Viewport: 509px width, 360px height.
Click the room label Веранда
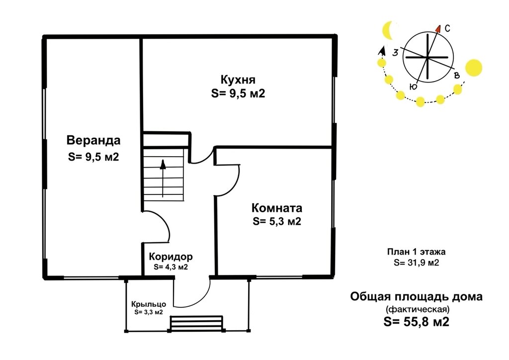(93, 141)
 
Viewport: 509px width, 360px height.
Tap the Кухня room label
(238, 80)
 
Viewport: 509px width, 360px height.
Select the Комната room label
(277, 208)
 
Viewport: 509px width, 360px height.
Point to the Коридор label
(171, 257)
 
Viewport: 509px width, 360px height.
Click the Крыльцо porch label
(149, 304)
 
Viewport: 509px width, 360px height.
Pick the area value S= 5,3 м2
(277, 221)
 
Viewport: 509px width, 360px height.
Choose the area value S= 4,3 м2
(171, 267)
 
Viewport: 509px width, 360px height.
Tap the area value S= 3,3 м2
(149, 312)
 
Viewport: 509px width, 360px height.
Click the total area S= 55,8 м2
(417, 322)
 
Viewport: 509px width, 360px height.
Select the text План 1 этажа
(417, 252)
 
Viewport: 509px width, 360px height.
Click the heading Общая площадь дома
(417, 297)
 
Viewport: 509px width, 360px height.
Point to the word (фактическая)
(417, 309)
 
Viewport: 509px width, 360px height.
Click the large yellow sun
(474, 68)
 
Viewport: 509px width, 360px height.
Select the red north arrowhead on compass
(438, 29)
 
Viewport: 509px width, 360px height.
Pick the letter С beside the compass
(447, 28)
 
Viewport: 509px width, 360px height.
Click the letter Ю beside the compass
(413, 87)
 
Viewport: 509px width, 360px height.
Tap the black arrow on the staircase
(163, 178)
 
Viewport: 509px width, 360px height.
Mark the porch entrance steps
(197, 324)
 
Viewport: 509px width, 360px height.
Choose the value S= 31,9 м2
(417, 263)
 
